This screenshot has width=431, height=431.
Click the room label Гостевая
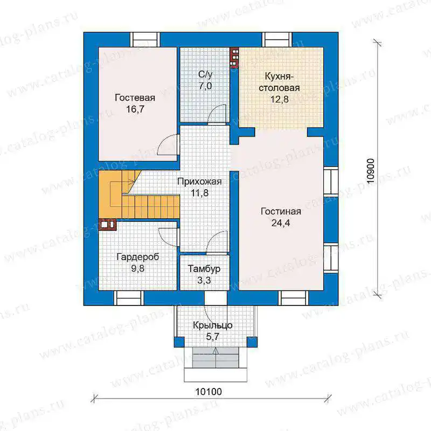(x=135, y=98)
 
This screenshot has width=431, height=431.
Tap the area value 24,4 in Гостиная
(x=281, y=223)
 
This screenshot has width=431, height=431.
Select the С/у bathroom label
(x=205, y=74)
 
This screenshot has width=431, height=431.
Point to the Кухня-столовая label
(x=279, y=82)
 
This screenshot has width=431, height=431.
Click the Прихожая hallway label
(x=199, y=182)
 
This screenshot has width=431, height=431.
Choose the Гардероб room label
(x=138, y=257)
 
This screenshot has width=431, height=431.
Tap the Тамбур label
(x=204, y=268)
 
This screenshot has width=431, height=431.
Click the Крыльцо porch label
(x=212, y=325)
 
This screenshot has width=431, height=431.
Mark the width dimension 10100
(x=208, y=392)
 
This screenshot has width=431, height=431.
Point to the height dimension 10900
(x=371, y=171)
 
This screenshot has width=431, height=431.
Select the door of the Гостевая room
(x=168, y=144)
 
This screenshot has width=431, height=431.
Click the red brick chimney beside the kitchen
(x=234, y=58)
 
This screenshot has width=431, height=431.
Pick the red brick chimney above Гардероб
(x=107, y=225)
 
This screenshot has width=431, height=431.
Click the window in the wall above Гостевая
(x=145, y=39)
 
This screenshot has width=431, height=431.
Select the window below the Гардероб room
(x=129, y=298)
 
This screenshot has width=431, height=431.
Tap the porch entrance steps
(x=215, y=357)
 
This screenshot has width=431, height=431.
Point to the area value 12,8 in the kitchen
(x=279, y=99)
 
